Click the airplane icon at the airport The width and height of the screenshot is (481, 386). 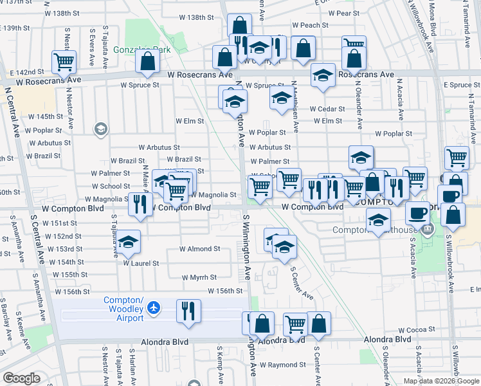tap(153, 308)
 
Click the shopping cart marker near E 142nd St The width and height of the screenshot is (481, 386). tap(64, 62)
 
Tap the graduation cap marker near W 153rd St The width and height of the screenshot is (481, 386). tap(129, 241)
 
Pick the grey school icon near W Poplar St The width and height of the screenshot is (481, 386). tap(100, 129)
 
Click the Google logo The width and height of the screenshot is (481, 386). tap(21, 378)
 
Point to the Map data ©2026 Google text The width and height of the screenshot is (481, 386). tap(440, 381)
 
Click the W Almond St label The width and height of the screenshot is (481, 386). tap(199, 248)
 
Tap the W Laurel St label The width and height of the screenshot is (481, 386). tap(141, 263)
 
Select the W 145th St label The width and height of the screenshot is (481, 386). tap(46, 117)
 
